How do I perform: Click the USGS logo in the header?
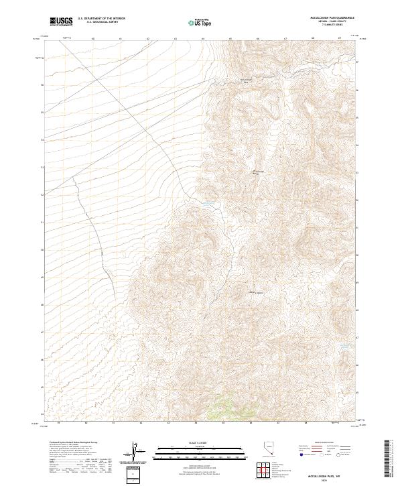coord(61,21)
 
